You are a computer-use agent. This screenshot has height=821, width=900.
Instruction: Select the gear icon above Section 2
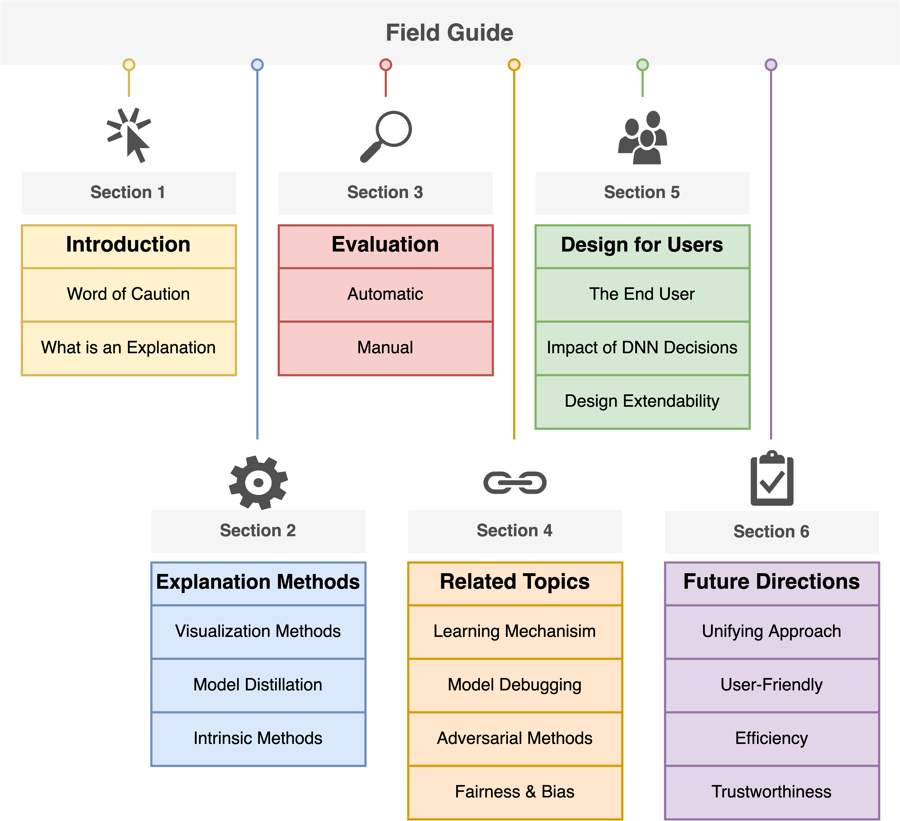tap(258, 482)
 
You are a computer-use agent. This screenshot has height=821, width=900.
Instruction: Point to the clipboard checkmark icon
tap(772, 479)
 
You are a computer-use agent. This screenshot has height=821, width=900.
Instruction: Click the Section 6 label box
tap(771, 532)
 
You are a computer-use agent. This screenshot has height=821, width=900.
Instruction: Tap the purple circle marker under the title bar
tap(771, 65)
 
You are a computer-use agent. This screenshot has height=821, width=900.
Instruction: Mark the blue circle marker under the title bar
tap(257, 65)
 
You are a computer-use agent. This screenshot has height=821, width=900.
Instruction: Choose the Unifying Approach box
tap(771, 631)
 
